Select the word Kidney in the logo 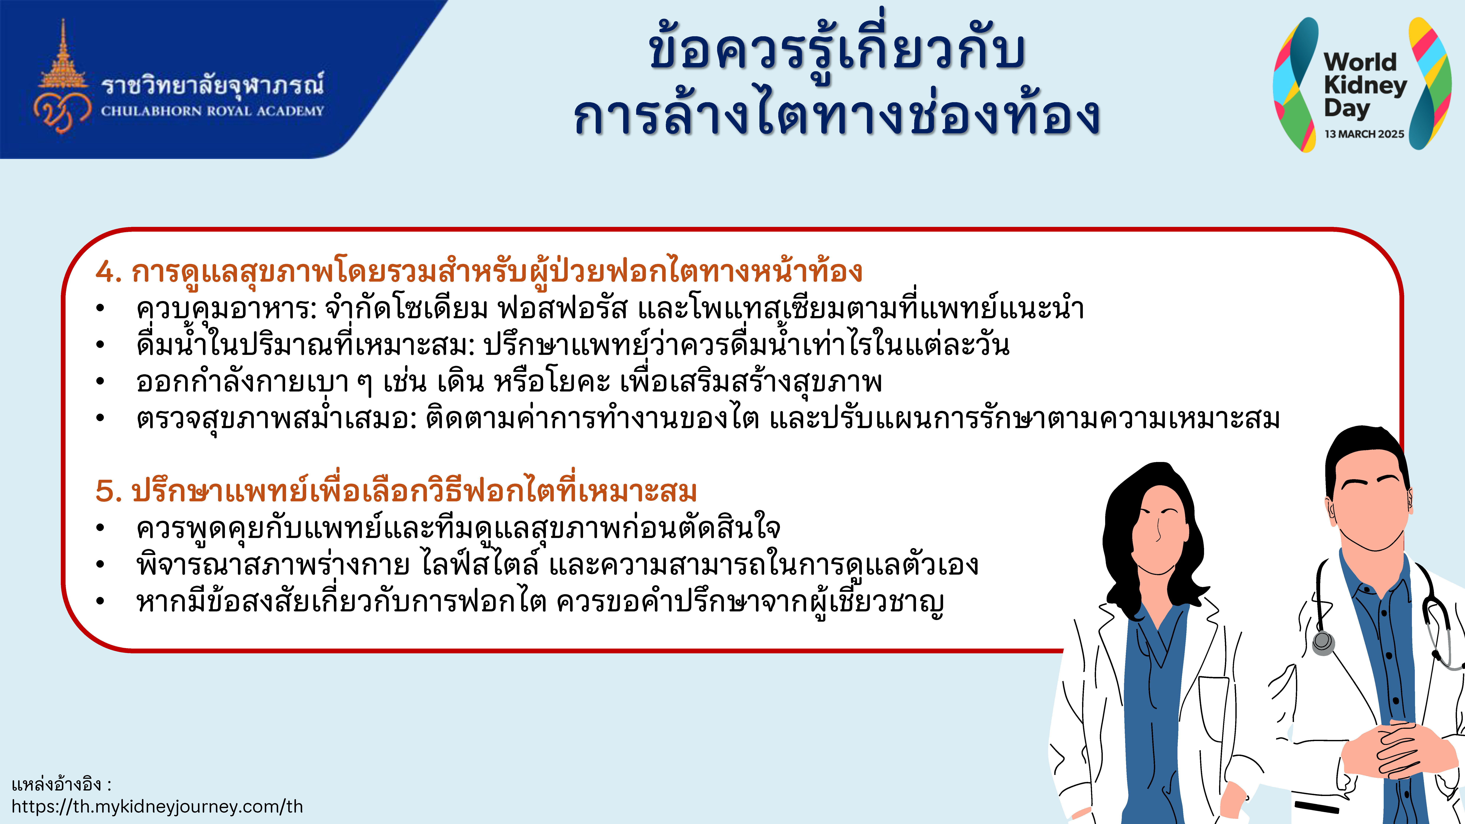point(1365,85)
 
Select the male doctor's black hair point(1365,455)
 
